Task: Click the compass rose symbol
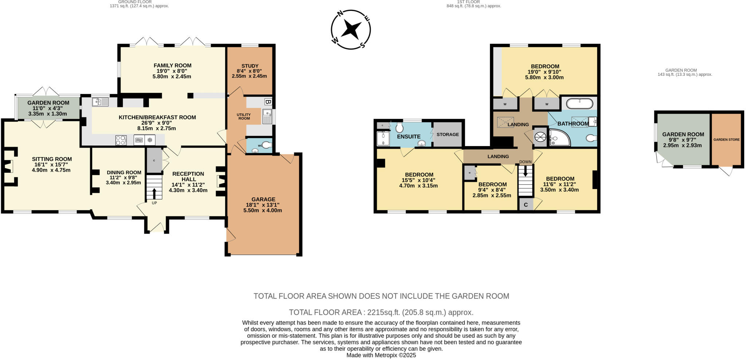[x=351, y=29]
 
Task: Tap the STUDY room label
[x=250, y=66]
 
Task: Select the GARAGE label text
[x=263, y=199]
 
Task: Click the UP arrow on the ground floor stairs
[x=154, y=193]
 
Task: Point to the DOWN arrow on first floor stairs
[x=525, y=171]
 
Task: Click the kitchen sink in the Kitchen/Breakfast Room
[x=100, y=102]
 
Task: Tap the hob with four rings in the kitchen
[x=121, y=140]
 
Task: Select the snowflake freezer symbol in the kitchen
[x=149, y=140]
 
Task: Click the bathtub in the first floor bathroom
[x=579, y=103]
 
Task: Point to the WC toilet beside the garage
[x=267, y=145]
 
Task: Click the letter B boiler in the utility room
[x=268, y=102]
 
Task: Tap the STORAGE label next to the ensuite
[x=448, y=134]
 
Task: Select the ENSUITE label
[x=409, y=137]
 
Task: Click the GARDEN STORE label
[x=726, y=140]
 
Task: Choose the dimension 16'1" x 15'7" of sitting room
[x=52, y=165]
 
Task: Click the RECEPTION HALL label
[x=188, y=176]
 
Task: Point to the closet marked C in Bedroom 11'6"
[x=526, y=205]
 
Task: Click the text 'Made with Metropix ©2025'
[x=381, y=355]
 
